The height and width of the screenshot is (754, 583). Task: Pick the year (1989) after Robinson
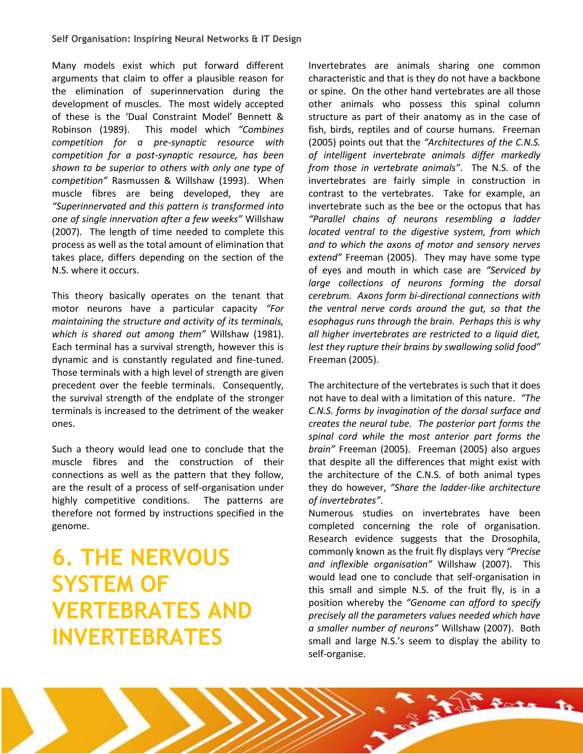tap(115, 130)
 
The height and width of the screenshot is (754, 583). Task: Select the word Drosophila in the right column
tap(516, 539)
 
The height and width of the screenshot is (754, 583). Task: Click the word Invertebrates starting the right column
tap(337, 66)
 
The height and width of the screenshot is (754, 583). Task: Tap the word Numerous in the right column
tap(330, 513)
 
